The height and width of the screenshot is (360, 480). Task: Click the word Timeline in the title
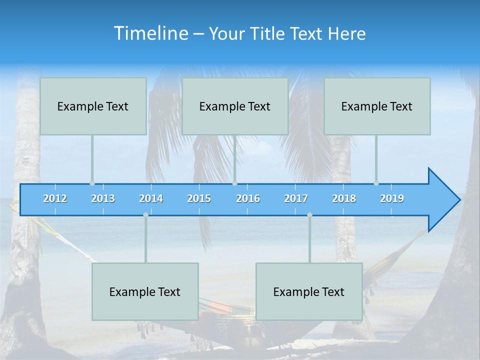[151, 33]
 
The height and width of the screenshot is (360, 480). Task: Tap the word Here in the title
[346, 34]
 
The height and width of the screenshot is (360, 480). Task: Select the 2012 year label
[55, 198]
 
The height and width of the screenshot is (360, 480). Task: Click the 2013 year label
[103, 198]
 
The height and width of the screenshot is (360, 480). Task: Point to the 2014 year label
[151, 198]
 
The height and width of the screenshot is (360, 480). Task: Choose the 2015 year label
[199, 198]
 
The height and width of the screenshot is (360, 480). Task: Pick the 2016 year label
[248, 198]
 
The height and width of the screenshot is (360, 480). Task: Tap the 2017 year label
[296, 198]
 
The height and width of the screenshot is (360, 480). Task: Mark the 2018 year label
[344, 198]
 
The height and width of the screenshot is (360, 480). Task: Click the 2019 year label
[392, 198]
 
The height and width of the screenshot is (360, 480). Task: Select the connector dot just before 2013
[92, 183]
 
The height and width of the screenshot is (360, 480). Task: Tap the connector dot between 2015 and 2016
[234, 183]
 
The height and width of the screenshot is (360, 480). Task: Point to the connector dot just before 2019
[376, 183]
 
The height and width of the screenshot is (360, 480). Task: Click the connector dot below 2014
[145, 215]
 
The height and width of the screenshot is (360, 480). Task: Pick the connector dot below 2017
[309, 215]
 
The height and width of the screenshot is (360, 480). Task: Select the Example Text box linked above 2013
[93, 106]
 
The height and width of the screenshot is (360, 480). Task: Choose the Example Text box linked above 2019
[377, 106]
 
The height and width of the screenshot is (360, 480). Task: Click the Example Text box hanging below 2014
[145, 291]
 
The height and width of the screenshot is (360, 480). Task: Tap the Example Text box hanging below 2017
[309, 291]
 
